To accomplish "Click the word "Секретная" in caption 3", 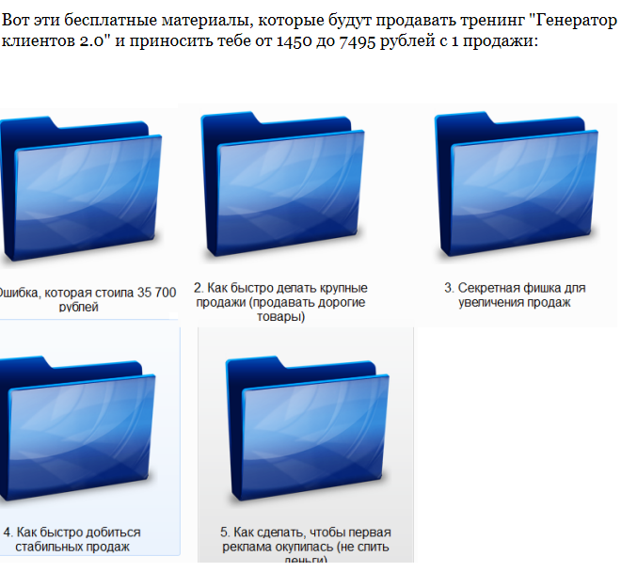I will pyautogui.click(x=485, y=288).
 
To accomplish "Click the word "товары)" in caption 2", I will pyautogui.click(x=280, y=317).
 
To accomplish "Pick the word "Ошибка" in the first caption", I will pyautogui.click(x=19, y=294).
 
